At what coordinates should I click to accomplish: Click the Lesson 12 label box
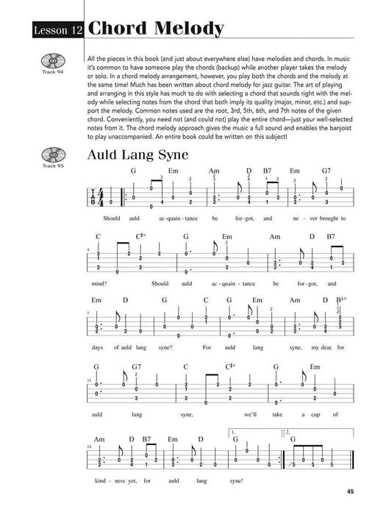coord(57,29)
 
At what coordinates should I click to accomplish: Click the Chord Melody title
coord(155,29)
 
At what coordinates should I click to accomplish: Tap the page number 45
coord(344,492)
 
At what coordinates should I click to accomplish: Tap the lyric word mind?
coord(99,284)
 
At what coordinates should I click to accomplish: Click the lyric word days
coord(97,347)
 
